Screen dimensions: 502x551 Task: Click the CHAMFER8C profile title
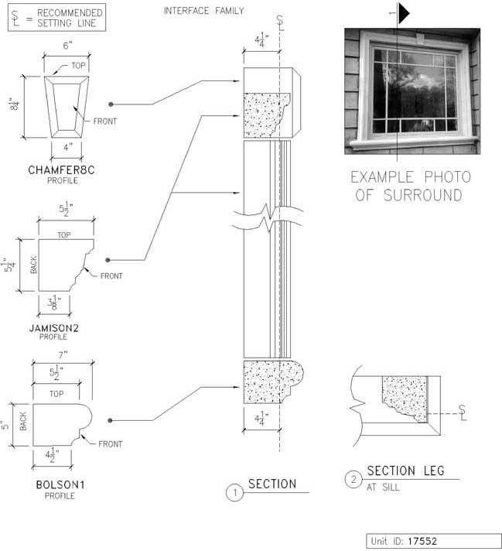click(x=61, y=170)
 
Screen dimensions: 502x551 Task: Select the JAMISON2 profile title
click(x=53, y=328)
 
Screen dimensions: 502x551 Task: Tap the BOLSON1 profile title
click(x=60, y=485)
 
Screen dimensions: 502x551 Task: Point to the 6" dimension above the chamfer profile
click(x=67, y=46)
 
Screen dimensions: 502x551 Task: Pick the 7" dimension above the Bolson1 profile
click(x=63, y=355)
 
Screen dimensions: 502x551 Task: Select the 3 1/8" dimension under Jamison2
click(x=54, y=303)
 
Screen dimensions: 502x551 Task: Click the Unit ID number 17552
click(x=422, y=541)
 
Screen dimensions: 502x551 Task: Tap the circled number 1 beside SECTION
click(x=234, y=492)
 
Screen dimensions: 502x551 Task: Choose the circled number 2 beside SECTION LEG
click(x=353, y=479)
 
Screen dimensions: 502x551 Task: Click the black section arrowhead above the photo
click(x=404, y=14)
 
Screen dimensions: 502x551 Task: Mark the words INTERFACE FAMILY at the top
click(x=203, y=11)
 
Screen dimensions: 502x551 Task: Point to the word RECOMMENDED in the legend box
click(x=70, y=13)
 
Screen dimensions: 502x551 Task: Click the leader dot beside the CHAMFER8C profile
click(x=111, y=104)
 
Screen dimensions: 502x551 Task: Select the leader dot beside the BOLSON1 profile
click(x=110, y=420)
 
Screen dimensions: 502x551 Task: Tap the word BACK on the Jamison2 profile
click(x=33, y=265)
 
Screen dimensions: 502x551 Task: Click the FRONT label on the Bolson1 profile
click(x=111, y=444)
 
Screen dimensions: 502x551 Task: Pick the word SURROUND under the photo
click(x=422, y=195)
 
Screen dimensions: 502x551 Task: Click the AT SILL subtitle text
click(x=383, y=488)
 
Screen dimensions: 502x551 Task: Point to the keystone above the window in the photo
click(x=420, y=38)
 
